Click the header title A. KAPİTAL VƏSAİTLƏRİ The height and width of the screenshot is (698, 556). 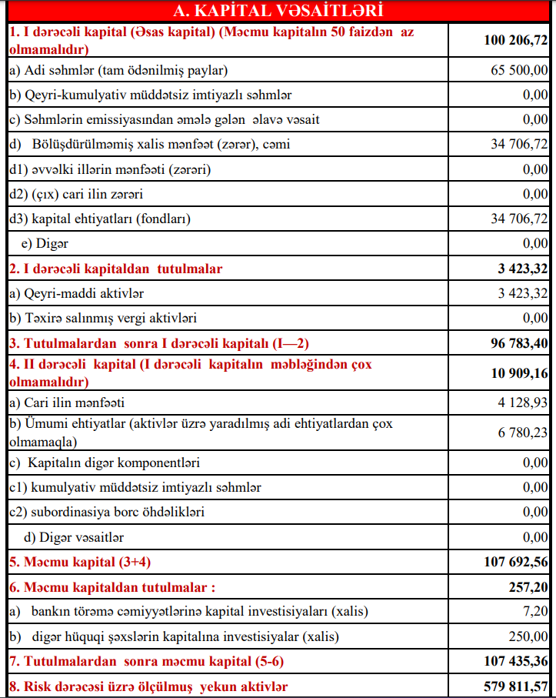[278, 11]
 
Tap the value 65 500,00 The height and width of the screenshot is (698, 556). [519, 71]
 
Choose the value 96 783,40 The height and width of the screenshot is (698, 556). [514, 342]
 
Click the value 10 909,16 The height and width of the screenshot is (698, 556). [514, 372]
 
